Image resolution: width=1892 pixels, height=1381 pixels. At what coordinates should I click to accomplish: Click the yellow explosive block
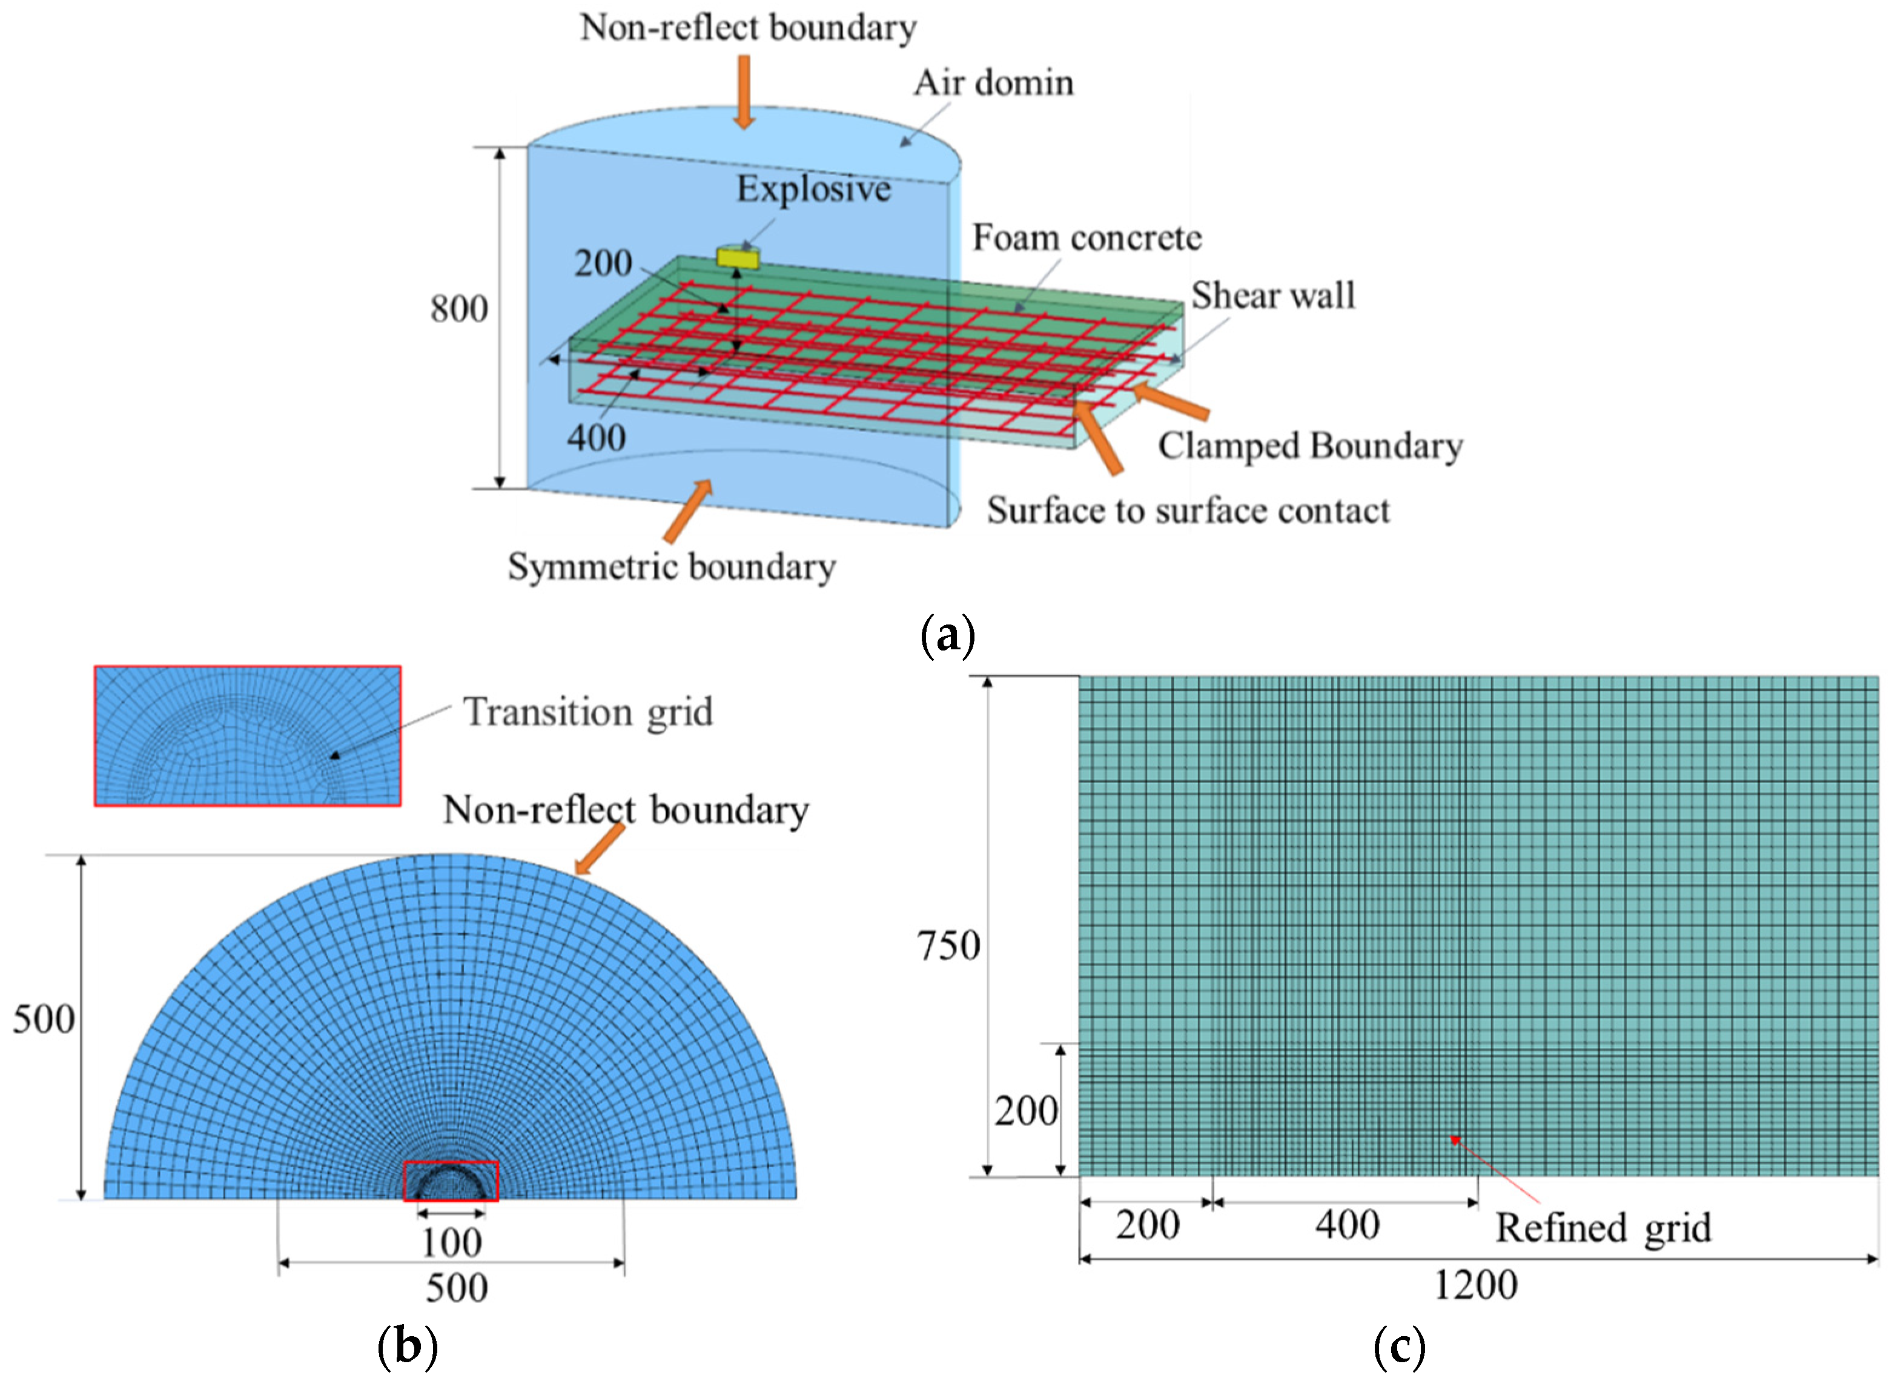[x=737, y=258]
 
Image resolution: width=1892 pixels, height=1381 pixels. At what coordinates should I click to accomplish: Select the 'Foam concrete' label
[x=1087, y=238]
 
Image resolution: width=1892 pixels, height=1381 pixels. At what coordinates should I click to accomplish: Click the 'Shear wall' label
[x=1272, y=295]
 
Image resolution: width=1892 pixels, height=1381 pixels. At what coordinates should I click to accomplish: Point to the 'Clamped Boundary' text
[x=1309, y=446]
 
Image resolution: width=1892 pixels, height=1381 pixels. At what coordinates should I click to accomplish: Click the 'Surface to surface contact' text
[x=1188, y=511]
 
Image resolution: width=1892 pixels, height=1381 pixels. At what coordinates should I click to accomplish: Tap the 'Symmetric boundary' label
[x=671, y=567]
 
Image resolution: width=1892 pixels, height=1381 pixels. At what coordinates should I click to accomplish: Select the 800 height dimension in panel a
[x=459, y=310]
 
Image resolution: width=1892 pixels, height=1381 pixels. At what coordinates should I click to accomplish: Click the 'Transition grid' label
[x=587, y=712]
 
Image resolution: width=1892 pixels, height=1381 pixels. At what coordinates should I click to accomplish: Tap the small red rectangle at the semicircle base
[x=451, y=1181]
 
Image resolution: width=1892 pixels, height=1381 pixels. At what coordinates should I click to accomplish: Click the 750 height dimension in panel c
[x=948, y=946]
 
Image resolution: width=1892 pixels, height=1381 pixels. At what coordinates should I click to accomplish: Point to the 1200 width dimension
[x=1475, y=1285]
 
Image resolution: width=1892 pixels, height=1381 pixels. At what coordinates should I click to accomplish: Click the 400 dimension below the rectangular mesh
[x=1346, y=1225]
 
